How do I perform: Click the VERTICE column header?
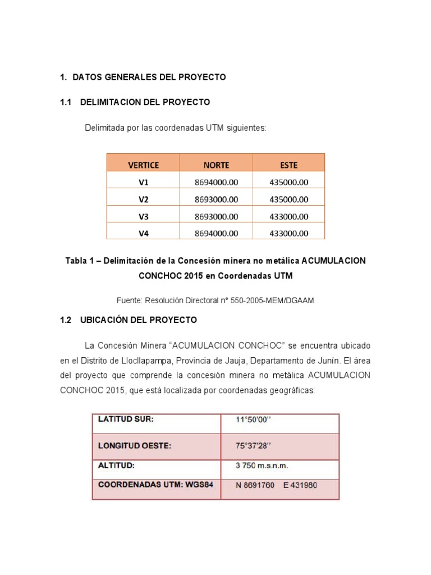(143, 165)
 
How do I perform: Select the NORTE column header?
(216, 165)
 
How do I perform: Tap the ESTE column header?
(288, 165)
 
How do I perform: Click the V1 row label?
(143, 182)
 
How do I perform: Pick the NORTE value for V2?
(216, 199)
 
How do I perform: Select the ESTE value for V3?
(288, 216)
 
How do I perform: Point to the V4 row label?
(143, 234)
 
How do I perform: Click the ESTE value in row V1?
(288, 182)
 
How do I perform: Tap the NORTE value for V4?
(216, 234)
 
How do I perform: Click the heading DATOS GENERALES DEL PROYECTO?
(149, 77)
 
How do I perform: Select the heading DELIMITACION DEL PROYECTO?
(145, 102)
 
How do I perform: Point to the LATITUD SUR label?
(126, 419)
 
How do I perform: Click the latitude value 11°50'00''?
(254, 419)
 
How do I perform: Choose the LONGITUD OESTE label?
(135, 446)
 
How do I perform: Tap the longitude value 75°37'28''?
(254, 446)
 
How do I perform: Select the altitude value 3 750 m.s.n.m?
(262, 466)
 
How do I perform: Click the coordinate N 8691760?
(255, 485)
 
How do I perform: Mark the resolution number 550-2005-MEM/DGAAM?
(278, 300)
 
